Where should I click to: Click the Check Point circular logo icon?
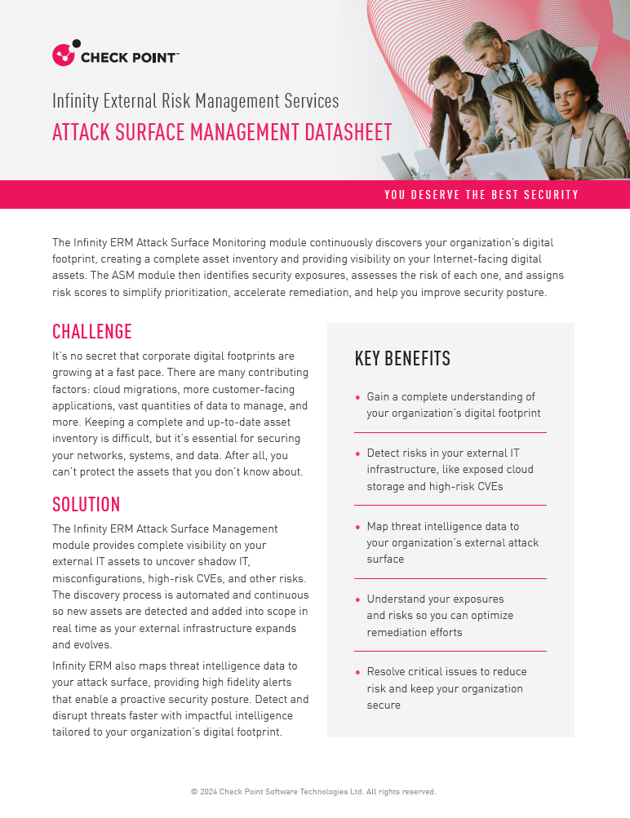click(64, 55)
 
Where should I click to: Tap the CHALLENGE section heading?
click(92, 331)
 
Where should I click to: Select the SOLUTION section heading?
click(87, 503)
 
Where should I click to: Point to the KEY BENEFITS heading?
click(402, 359)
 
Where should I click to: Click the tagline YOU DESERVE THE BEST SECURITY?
click(481, 195)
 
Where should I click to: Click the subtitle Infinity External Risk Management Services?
click(196, 101)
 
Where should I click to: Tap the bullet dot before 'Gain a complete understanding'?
click(357, 397)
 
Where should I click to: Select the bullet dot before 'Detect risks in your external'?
click(357, 453)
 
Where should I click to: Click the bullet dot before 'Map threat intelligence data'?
click(357, 527)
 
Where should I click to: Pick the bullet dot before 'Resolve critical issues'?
click(357, 672)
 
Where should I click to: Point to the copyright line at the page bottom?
click(313, 791)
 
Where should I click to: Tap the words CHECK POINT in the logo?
click(129, 57)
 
